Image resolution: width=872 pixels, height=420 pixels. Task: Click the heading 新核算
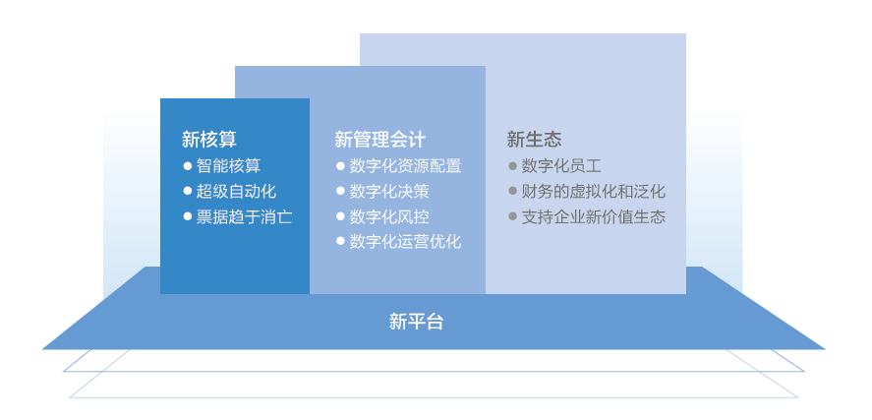pos(209,140)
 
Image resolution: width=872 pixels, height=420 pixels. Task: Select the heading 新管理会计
pos(379,140)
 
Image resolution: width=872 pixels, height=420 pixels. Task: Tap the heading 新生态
pos(534,140)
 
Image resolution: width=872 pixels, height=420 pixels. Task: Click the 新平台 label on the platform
pos(417,321)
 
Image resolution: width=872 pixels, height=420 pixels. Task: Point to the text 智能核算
pos(228,166)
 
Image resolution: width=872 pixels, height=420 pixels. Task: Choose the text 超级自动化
pos(236,191)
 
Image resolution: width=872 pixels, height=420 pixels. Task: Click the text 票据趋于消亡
pos(244,216)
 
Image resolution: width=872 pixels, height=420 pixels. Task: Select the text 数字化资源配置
pos(405,166)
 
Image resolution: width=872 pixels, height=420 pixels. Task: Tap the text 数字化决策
pos(389,191)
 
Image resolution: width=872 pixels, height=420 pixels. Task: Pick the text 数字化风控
pos(389,216)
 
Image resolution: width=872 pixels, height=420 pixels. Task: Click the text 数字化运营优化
pos(405,241)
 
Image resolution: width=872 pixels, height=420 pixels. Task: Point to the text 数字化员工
pos(561,166)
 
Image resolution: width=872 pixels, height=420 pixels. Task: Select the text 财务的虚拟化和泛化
pos(593,191)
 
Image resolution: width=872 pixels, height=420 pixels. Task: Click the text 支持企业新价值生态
pos(593,216)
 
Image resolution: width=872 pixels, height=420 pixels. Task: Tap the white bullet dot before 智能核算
pos(188,166)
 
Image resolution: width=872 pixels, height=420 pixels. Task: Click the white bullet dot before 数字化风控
pos(340,216)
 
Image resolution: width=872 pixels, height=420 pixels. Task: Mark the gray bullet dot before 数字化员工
pos(512,166)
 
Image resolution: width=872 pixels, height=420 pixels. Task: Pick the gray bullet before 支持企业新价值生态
pos(512,216)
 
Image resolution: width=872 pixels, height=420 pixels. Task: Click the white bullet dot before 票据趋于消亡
pos(188,216)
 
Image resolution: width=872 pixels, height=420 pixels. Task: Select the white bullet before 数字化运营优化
pos(340,241)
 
